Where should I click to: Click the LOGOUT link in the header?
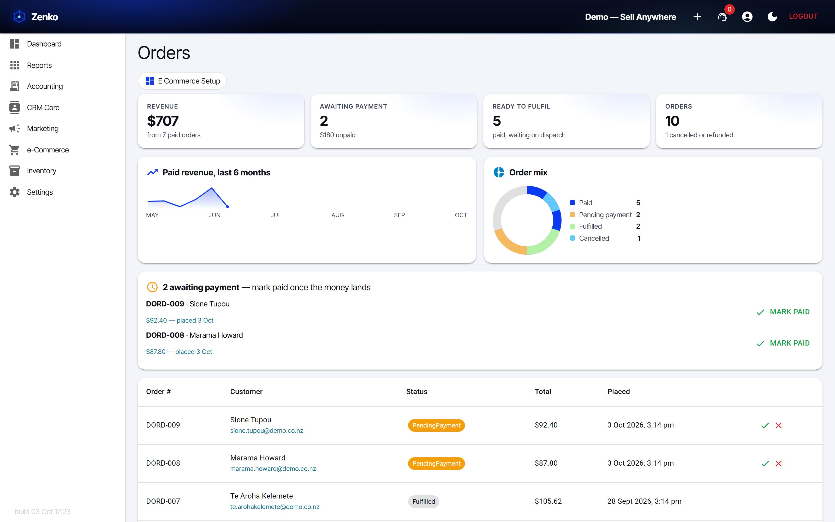coord(803,16)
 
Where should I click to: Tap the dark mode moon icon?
coord(772,16)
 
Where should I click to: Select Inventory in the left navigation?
coord(41,171)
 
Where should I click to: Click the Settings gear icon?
coord(15,192)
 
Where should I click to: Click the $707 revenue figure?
coord(163,121)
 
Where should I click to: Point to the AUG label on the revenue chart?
coord(337,215)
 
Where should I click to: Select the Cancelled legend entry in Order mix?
coord(593,238)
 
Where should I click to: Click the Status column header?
coord(416,391)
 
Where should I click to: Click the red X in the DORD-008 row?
coord(778,464)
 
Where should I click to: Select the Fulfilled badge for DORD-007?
coord(423,502)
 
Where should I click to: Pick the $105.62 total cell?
coord(548,501)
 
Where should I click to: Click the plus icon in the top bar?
coord(697,16)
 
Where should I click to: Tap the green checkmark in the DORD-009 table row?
coord(765,426)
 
